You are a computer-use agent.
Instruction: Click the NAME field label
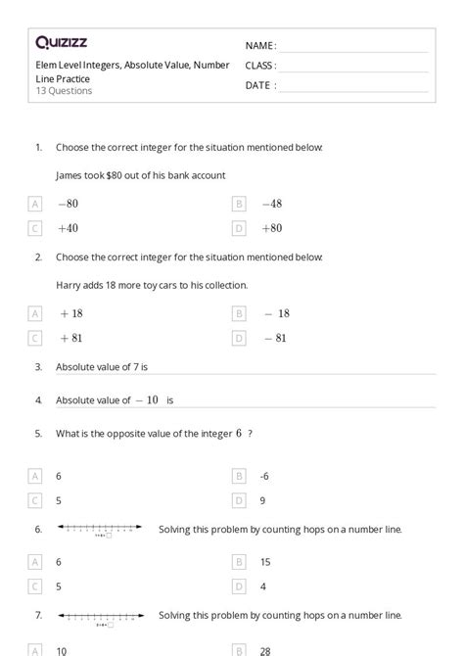tap(260, 46)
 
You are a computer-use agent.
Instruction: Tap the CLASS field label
tap(260, 66)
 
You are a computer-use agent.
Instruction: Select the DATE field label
tap(259, 85)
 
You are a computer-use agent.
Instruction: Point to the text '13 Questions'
tap(65, 91)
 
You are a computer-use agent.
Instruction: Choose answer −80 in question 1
tap(68, 204)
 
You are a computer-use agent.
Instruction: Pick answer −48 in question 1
tap(271, 204)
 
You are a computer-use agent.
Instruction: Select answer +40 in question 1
tap(68, 228)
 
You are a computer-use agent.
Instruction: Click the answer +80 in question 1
tap(271, 228)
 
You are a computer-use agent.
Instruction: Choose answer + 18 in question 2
tap(70, 313)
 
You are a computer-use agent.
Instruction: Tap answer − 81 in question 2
tap(275, 338)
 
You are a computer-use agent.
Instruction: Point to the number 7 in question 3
tap(134, 367)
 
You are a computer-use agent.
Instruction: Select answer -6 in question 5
tap(265, 476)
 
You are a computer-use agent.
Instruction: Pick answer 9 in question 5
tap(263, 500)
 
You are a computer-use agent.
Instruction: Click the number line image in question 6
tap(99, 531)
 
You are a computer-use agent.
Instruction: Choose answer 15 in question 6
tap(265, 562)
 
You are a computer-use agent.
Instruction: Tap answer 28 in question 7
tap(266, 649)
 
